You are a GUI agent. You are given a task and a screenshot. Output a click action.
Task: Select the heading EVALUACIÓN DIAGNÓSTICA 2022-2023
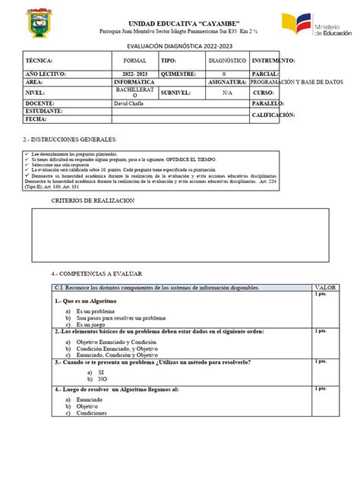(x=179, y=46)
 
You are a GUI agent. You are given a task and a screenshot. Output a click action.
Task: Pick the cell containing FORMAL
(x=134, y=60)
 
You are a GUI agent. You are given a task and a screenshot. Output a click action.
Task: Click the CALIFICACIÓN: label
(x=274, y=115)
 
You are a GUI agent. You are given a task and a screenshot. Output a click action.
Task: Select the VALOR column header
(x=326, y=288)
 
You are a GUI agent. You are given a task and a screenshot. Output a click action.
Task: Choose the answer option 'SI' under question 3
(x=101, y=373)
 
